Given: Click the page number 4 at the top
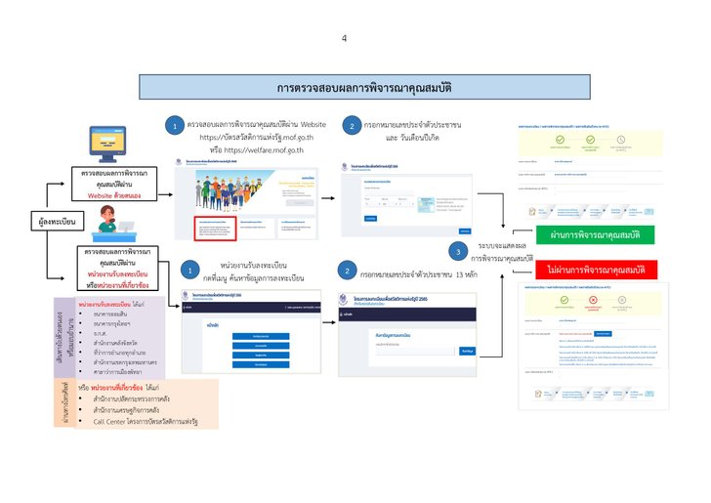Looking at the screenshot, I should click(x=344, y=38).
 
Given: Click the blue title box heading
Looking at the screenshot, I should click(x=355, y=87).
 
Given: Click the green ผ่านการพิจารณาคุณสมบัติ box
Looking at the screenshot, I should click(x=595, y=235).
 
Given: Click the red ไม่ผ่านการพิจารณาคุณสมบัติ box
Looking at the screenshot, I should click(x=595, y=269).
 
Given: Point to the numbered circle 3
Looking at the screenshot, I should click(x=456, y=251).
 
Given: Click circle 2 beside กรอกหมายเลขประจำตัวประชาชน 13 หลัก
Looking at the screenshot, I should click(x=348, y=272).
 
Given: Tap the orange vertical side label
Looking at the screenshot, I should click(x=66, y=401).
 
